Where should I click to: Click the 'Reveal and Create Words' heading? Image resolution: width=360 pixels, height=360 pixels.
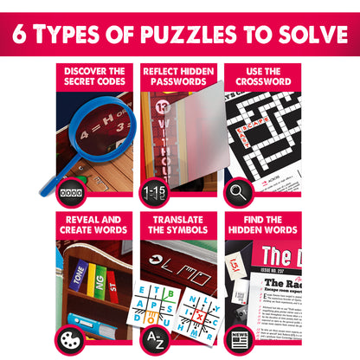pyautogui.click(x=95, y=225)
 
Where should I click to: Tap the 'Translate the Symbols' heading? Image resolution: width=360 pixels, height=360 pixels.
pyautogui.click(x=179, y=225)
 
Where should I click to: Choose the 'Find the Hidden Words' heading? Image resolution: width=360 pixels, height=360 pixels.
pyautogui.click(x=263, y=225)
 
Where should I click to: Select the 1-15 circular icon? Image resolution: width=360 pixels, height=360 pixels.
pyautogui.click(x=154, y=190)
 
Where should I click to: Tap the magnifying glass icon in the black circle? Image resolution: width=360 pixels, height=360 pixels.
pyautogui.click(x=238, y=190)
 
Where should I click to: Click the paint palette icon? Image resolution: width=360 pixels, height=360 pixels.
pyautogui.click(x=69, y=338)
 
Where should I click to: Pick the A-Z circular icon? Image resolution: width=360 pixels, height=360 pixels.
pyautogui.click(x=154, y=338)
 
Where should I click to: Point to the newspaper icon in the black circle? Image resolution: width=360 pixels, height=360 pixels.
pyautogui.click(x=238, y=338)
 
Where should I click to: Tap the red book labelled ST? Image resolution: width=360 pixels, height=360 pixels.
pyautogui.click(x=112, y=285)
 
